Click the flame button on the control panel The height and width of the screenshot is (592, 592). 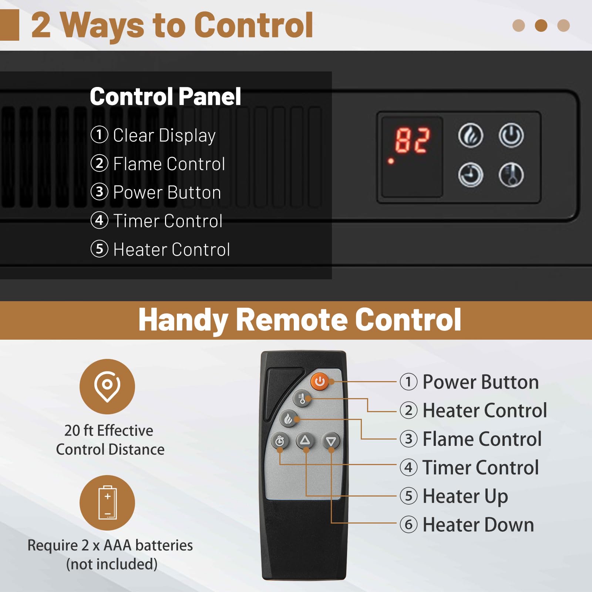point(471,135)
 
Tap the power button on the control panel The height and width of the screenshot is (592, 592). point(511,135)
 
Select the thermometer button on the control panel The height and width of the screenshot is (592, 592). point(511,175)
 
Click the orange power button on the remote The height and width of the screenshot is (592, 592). point(320,381)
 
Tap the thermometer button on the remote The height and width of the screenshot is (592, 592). point(302,398)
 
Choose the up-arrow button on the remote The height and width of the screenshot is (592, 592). point(305,440)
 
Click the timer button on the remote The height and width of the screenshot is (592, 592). point(280,441)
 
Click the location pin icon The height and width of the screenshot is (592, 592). point(107,386)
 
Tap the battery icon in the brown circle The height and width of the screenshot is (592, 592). point(107,502)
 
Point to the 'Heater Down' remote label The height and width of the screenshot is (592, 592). point(478,525)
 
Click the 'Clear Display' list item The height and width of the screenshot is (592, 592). point(153,135)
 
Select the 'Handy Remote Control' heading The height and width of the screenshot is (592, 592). point(300,320)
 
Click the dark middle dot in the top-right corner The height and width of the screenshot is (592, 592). point(541,26)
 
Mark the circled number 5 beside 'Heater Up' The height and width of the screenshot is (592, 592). point(408,496)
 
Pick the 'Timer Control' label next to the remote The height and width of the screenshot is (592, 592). point(481,467)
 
